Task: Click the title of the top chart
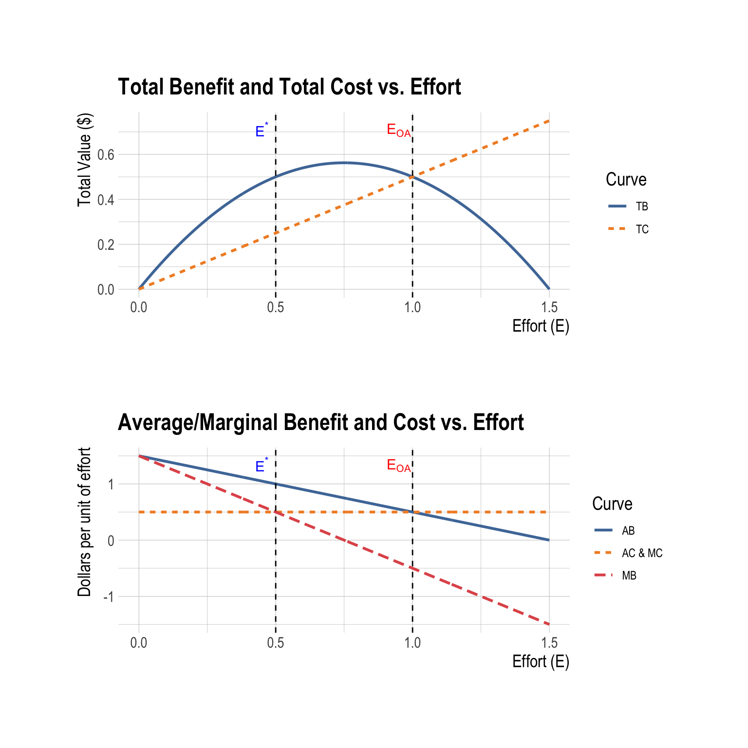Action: [289, 88]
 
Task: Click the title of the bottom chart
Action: [320, 423]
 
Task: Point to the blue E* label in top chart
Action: [261, 131]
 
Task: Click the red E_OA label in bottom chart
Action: [398, 466]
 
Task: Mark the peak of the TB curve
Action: [344, 163]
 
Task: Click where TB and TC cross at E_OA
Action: [412, 177]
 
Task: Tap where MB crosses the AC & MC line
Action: [276, 512]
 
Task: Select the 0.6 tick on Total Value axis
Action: [106, 155]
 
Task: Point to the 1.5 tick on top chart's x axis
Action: [549, 308]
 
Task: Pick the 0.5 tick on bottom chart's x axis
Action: [276, 643]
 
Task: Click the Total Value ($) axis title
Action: [84, 160]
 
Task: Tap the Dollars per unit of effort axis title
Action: [84, 522]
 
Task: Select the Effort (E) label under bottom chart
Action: [541, 662]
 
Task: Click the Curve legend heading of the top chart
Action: [626, 180]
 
